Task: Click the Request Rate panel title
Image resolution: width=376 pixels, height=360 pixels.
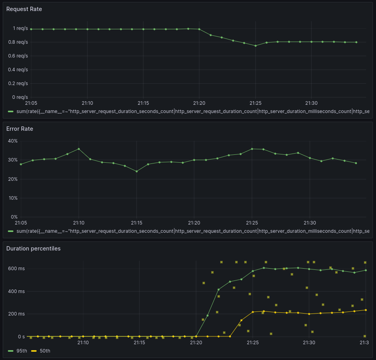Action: coord(24,9)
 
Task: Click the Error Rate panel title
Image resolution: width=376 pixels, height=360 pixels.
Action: coord(20,129)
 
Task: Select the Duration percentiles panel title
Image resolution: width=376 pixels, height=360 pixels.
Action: coord(33,249)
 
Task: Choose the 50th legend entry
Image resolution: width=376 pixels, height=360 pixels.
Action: coord(44,351)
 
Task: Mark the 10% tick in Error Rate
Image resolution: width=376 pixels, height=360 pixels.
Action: coord(13,198)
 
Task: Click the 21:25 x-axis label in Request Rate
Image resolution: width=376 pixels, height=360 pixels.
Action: coord(256,103)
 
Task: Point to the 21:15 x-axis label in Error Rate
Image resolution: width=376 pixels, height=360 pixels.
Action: coord(137,223)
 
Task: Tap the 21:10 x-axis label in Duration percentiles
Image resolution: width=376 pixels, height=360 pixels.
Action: coord(83,343)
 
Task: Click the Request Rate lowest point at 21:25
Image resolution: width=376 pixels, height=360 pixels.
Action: coord(256,46)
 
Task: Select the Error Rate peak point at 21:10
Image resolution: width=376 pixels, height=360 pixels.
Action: coord(79,149)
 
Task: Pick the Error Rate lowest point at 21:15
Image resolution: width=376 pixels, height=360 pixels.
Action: coord(137,171)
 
